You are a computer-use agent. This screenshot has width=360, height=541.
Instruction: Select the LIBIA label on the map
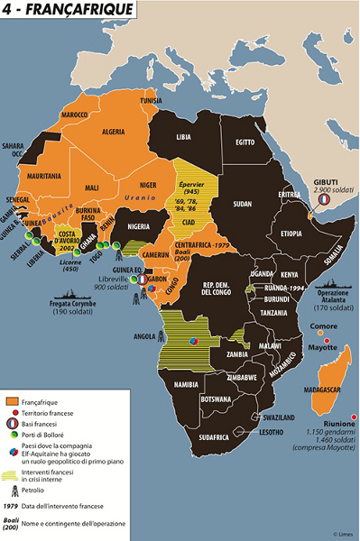[x=183, y=137]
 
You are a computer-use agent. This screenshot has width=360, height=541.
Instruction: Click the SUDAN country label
[x=242, y=204]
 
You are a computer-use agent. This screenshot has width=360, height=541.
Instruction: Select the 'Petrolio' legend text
[x=49, y=490]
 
